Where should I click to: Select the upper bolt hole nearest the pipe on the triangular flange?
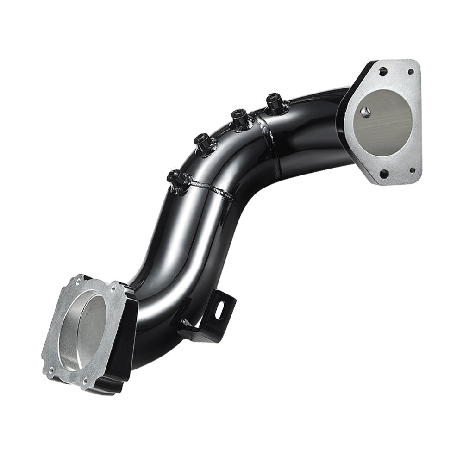pos(383,73)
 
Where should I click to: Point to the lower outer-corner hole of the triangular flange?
pos(384,174)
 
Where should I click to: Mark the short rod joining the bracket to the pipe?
pos(188,324)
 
